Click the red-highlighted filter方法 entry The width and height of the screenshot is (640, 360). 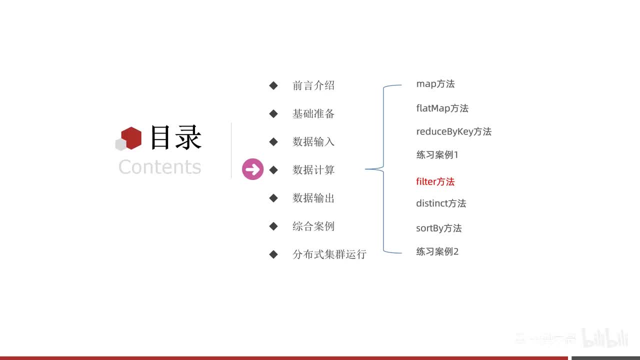[x=435, y=181]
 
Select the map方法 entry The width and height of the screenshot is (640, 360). [x=435, y=84]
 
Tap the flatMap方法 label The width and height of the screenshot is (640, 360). [x=442, y=108]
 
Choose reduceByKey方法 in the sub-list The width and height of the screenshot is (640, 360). [x=453, y=131]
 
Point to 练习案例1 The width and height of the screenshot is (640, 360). [x=437, y=154]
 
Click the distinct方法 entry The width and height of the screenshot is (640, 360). [x=440, y=203]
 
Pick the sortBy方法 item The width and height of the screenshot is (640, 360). [x=438, y=228]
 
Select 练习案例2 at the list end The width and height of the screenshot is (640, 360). [x=437, y=251]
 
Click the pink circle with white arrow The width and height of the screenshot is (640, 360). [x=252, y=169]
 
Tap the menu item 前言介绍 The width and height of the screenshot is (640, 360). [x=313, y=85]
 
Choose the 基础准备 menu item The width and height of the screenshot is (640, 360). [x=313, y=113]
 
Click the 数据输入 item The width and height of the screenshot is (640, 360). [x=313, y=141]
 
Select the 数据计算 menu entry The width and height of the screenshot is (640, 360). [x=313, y=170]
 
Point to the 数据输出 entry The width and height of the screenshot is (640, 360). [x=313, y=198]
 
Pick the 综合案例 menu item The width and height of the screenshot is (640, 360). [x=313, y=226]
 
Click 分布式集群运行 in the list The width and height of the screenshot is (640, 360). [x=329, y=254]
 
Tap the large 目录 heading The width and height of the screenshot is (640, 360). [x=175, y=137]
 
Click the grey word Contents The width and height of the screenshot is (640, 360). [x=159, y=166]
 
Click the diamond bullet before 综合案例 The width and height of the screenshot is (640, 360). [x=273, y=226]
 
